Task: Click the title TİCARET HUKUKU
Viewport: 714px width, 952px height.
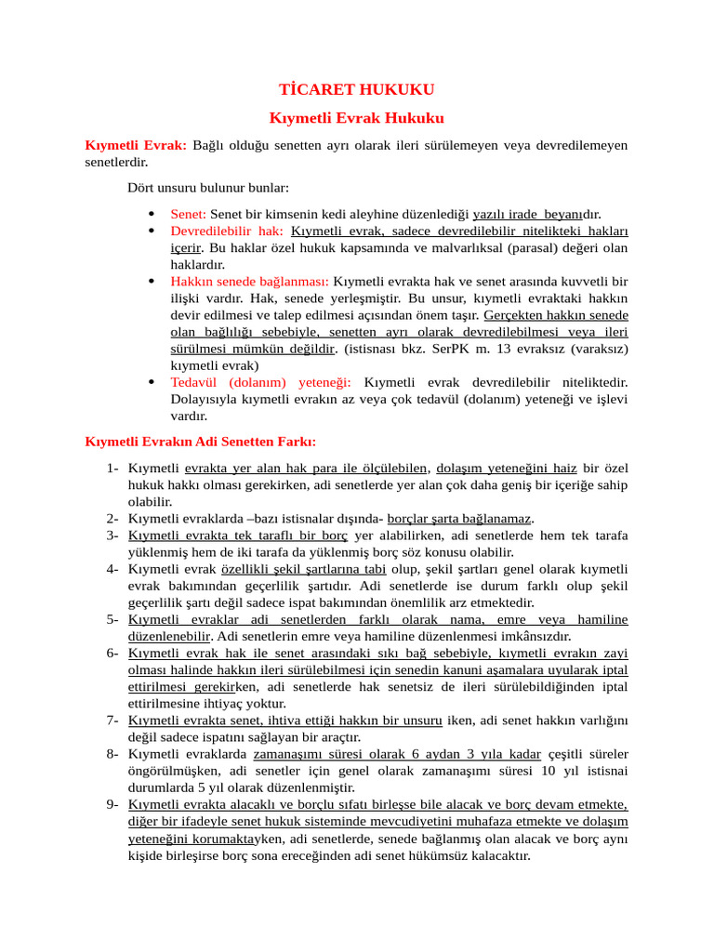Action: (x=357, y=90)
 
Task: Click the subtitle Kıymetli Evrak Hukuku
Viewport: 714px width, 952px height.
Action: (x=357, y=118)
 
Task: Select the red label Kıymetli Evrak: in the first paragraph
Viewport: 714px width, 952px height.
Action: (x=136, y=145)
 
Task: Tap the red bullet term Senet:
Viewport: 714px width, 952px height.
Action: (x=189, y=214)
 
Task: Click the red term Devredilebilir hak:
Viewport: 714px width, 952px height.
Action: (x=227, y=231)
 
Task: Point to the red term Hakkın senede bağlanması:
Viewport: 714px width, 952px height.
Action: (x=249, y=281)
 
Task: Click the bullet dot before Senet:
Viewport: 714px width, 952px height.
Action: (x=152, y=214)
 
